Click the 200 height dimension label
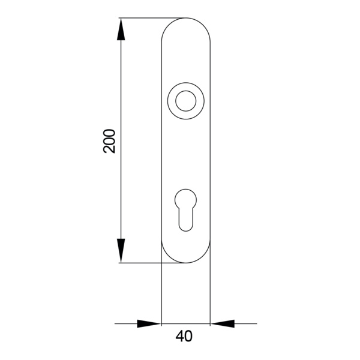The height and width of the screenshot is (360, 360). (109, 140)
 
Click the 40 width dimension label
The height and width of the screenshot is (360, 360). (184, 337)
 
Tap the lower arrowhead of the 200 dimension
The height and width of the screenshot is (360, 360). (121, 251)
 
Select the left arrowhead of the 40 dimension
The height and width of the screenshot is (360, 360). (149, 324)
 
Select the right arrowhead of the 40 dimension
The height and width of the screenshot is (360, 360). (223, 324)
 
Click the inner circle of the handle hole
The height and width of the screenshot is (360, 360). (186, 100)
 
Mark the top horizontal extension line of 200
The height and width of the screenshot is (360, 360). (150, 18)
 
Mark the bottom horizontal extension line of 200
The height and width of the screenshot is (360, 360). (141, 263)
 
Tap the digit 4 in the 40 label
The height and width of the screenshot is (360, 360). (179, 337)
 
